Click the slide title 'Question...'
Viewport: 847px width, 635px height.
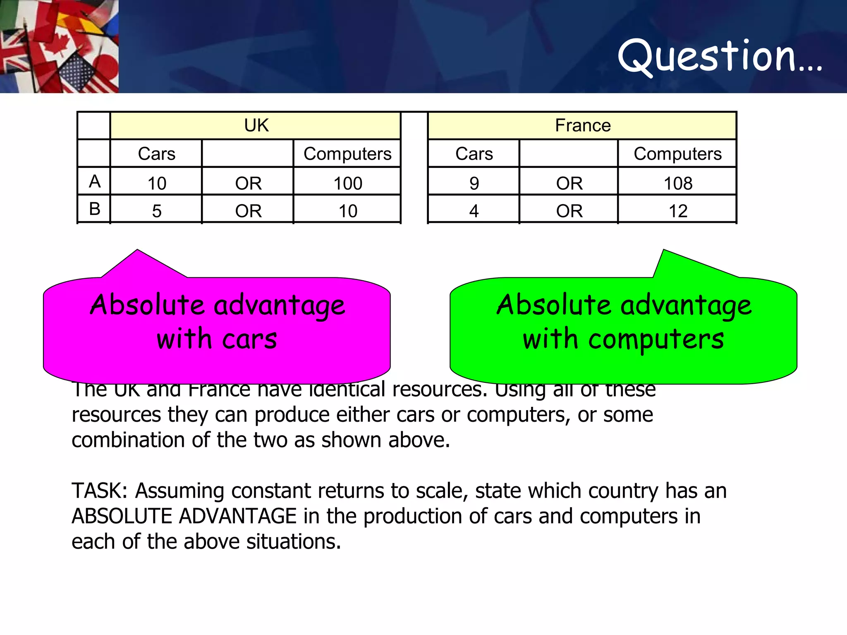720,56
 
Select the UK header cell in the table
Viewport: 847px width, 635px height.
256,125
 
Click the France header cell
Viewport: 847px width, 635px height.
582,125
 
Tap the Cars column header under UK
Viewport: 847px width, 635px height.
156,154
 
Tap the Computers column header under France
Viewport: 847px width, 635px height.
677,154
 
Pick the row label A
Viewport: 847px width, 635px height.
95,181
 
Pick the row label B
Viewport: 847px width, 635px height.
95,209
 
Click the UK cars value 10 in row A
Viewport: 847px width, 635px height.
157,183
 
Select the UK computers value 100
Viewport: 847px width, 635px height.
348,183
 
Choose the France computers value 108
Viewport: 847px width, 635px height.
678,183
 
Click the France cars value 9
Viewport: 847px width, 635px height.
474,183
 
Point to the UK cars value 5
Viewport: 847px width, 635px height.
157,211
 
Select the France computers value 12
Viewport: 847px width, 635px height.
678,211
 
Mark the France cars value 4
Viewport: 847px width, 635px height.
474,211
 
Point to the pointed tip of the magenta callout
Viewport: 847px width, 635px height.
137,251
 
